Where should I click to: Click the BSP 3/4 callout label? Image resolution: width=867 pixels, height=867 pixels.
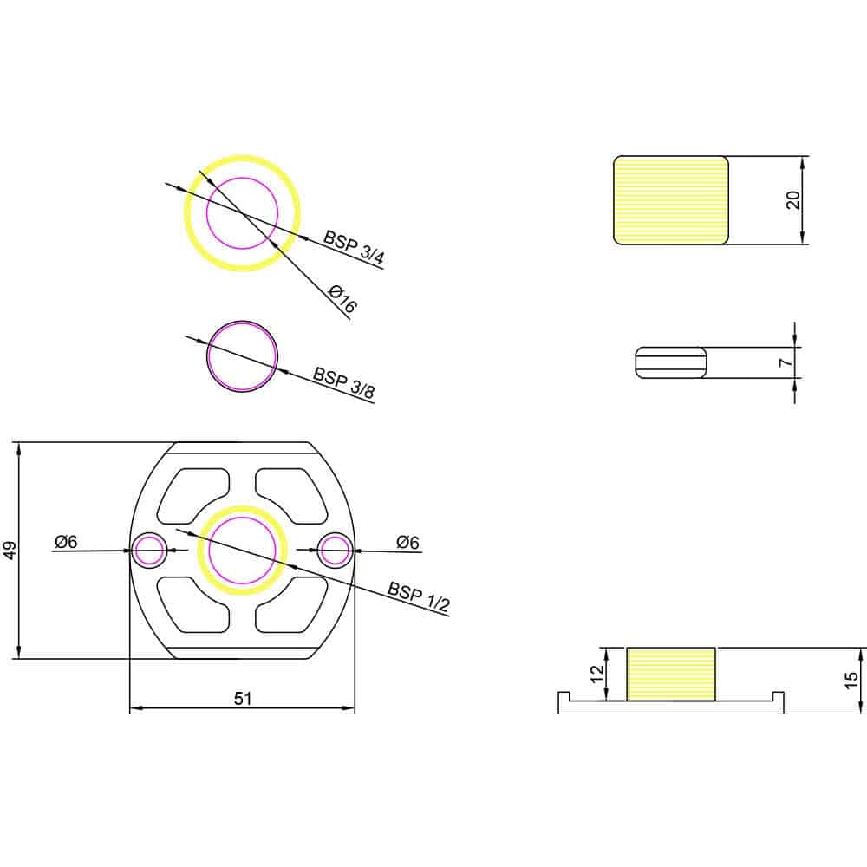[x=354, y=247]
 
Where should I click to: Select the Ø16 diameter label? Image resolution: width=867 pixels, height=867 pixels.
[x=342, y=298]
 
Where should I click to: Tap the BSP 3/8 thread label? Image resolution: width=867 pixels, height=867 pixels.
[x=344, y=382]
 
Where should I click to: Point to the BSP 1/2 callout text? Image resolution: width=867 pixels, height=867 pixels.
[x=419, y=597]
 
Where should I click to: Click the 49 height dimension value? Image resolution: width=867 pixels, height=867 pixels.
[x=10, y=551]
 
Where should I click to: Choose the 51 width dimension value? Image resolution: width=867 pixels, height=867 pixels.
[x=243, y=699]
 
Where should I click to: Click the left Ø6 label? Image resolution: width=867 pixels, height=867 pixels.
[x=66, y=542]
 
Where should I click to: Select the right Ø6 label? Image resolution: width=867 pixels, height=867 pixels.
[x=407, y=543]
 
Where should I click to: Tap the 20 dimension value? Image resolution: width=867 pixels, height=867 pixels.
[x=792, y=199]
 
